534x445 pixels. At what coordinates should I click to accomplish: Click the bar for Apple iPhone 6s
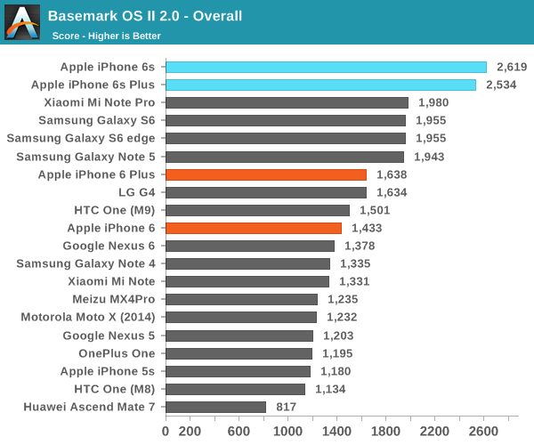(x=326, y=67)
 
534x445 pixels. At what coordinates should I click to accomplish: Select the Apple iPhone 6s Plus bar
(x=320, y=85)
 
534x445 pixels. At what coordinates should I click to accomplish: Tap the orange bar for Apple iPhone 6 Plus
(x=265, y=174)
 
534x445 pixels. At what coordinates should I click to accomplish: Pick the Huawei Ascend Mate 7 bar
(x=215, y=407)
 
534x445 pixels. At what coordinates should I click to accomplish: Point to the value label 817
(x=285, y=407)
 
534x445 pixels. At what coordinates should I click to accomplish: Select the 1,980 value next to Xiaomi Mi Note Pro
(x=432, y=102)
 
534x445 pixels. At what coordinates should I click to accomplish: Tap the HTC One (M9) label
(x=114, y=210)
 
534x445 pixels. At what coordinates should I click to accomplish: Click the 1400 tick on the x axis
(x=337, y=432)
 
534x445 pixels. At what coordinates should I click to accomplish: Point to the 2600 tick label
(x=484, y=432)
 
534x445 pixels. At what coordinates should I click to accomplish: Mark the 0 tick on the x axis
(x=166, y=432)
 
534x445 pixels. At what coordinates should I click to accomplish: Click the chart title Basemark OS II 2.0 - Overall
(x=145, y=16)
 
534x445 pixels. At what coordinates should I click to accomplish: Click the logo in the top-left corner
(x=21, y=21)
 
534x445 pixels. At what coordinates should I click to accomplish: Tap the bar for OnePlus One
(x=239, y=353)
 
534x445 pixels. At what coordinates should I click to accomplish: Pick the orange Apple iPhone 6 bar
(x=253, y=228)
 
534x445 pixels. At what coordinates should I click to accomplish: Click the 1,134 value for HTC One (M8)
(x=328, y=389)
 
